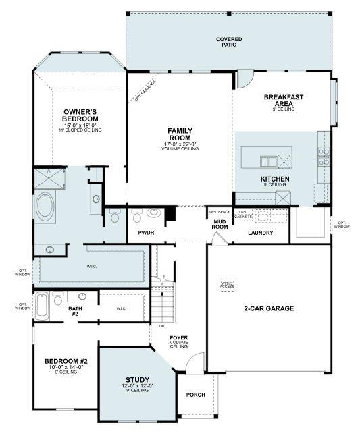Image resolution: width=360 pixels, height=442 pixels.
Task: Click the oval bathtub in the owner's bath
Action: [x=46, y=206]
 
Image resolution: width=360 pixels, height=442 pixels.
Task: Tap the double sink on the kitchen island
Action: [x=268, y=161]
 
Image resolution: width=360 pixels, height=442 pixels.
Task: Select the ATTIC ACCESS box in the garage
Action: [x=228, y=285]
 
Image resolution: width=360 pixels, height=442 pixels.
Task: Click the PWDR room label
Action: [x=147, y=233]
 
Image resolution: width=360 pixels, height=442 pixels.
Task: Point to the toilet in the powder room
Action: [x=137, y=215]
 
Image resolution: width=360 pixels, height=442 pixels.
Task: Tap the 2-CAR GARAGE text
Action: [x=268, y=308]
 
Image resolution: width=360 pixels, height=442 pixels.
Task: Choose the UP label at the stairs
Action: [x=161, y=326]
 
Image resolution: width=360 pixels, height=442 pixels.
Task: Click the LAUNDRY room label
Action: [x=260, y=233]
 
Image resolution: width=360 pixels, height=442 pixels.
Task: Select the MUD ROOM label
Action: [x=220, y=224]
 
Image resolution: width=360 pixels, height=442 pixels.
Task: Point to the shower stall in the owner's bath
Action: [x=49, y=180]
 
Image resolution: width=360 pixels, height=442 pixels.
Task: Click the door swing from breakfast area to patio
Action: [x=243, y=80]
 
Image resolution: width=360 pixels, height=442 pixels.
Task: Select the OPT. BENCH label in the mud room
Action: [x=220, y=211]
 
